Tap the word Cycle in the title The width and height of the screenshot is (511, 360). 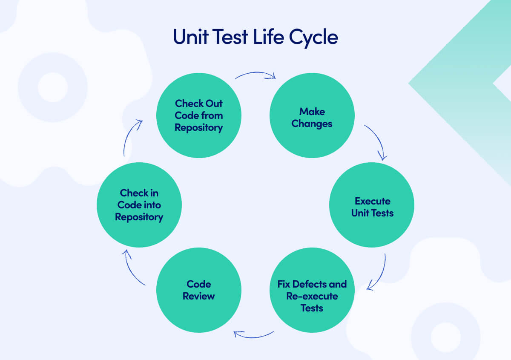(x=314, y=37)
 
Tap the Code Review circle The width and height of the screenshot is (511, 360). (x=199, y=290)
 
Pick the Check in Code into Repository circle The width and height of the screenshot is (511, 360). (x=139, y=205)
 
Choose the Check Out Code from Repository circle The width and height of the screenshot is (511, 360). (x=199, y=115)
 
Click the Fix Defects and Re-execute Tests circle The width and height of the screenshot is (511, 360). (x=312, y=290)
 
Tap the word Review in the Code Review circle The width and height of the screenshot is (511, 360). (x=199, y=296)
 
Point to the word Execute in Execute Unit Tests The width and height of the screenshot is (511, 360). (x=373, y=201)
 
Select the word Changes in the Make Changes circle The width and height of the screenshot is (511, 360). (x=312, y=124)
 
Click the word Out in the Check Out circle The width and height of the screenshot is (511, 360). (x=215, y=104)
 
